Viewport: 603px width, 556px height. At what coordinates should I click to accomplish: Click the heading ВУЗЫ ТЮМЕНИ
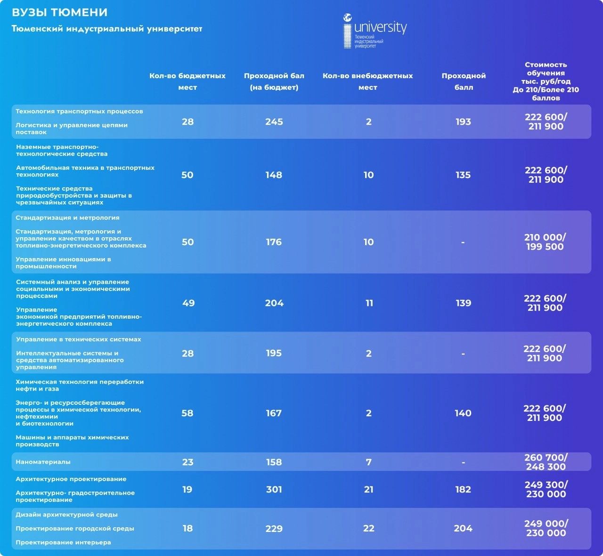pos(59,13)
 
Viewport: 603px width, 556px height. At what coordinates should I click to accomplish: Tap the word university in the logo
pos(380,27)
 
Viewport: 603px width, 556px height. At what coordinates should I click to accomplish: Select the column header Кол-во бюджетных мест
pos(187,81)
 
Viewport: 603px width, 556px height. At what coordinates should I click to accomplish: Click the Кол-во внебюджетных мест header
pos(367,81)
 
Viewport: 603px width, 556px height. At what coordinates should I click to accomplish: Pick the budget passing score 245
pos(274,122)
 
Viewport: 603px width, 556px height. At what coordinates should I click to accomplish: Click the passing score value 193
pos(463,122)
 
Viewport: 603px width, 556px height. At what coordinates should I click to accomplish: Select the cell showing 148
pos(274,175)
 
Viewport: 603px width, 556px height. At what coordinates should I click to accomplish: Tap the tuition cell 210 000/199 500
pos(545,242)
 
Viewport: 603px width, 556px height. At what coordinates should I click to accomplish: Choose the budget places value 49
pos(188,303)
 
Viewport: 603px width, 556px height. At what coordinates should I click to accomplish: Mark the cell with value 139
pos(463,303)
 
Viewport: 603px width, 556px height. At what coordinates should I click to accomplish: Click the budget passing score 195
pos(274,353)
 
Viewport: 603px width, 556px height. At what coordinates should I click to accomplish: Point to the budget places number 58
pos(187,413)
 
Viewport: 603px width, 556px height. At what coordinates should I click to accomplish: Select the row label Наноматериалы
pos(43,462)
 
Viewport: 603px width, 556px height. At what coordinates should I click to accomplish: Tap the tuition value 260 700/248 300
pos(546,462)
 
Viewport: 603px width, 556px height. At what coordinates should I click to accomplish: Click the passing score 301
pos(274,490)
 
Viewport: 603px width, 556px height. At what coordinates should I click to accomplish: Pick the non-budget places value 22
pos(368,529)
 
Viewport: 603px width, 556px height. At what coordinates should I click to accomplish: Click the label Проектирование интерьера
pos(63,542)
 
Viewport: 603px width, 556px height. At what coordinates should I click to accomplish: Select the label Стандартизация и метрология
pos(67,218)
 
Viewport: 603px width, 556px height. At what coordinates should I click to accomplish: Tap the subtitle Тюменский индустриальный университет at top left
pos(107,29)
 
